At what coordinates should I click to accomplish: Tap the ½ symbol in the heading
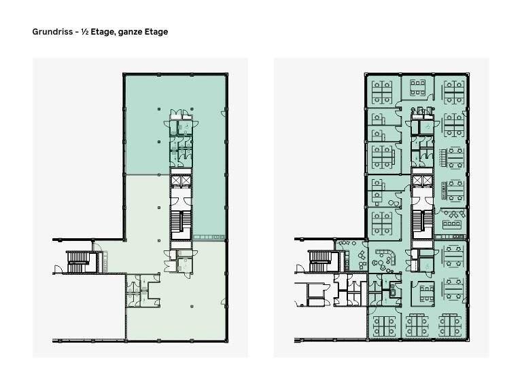[84, 32]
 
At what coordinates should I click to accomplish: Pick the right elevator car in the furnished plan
[427, 181]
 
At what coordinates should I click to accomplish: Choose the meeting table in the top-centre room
[417, 87]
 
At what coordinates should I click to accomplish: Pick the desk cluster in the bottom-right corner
[451, 325]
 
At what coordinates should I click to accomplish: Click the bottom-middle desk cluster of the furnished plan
[418, 325]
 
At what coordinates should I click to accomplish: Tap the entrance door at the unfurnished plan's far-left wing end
[59, 269]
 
